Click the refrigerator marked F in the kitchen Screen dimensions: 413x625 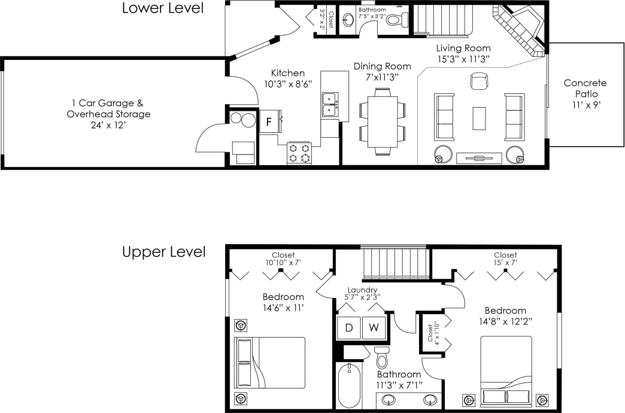(269, 121)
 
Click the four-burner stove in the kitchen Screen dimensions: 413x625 (299, 153)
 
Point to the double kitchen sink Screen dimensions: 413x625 (329, 105)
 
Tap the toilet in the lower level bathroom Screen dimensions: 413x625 (395, 20)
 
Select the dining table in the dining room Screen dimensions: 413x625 (382, 122)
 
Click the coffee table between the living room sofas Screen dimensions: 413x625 (479, 118)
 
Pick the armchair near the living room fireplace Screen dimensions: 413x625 (479, 81)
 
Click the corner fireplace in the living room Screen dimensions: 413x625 (518, 30)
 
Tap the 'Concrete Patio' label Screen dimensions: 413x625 (584, 89)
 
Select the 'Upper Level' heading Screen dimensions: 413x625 (163, 252)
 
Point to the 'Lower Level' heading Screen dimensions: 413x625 (162, 8)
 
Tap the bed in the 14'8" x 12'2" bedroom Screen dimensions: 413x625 (506, 371)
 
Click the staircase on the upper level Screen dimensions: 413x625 (396, 263)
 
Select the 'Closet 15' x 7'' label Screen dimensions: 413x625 (505, 259)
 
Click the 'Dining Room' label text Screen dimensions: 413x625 (382, 66)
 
